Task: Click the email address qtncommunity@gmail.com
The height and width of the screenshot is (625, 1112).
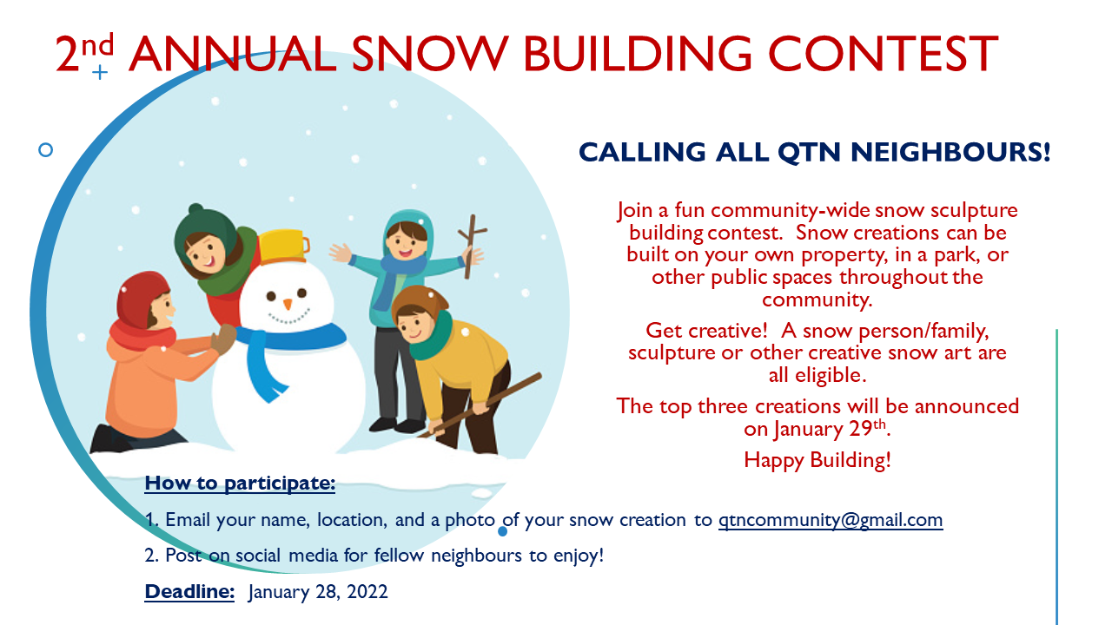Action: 831,521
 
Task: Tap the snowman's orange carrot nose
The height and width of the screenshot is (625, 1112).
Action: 288,304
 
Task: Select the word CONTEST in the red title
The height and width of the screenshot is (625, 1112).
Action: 884,54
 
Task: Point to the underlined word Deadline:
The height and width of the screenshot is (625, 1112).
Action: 189,591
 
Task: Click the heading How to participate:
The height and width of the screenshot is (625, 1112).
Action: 240,484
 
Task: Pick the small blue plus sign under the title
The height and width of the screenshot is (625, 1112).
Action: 100,72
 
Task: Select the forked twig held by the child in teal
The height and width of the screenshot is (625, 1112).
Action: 471,246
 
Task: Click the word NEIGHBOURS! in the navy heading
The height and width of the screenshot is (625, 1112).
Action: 950,152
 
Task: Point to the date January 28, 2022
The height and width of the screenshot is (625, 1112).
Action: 318,592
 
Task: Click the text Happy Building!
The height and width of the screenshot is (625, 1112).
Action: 817,460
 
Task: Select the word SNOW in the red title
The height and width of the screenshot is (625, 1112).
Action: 430,54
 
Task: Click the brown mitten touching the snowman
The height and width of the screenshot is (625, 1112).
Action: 223,339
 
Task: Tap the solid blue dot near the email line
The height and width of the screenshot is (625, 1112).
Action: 502,532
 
